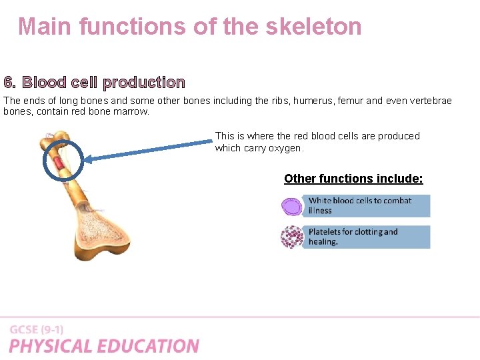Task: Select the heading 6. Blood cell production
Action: click(94, 83)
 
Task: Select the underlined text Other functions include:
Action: click(353, 179)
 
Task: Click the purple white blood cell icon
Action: click(292, 206)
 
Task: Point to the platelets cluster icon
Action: click(292, 237)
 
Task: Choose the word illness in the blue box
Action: click(320, 211)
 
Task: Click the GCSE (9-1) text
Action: click(37, 329)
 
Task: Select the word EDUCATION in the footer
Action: click(150, 346)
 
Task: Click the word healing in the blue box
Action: click(323, 242)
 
